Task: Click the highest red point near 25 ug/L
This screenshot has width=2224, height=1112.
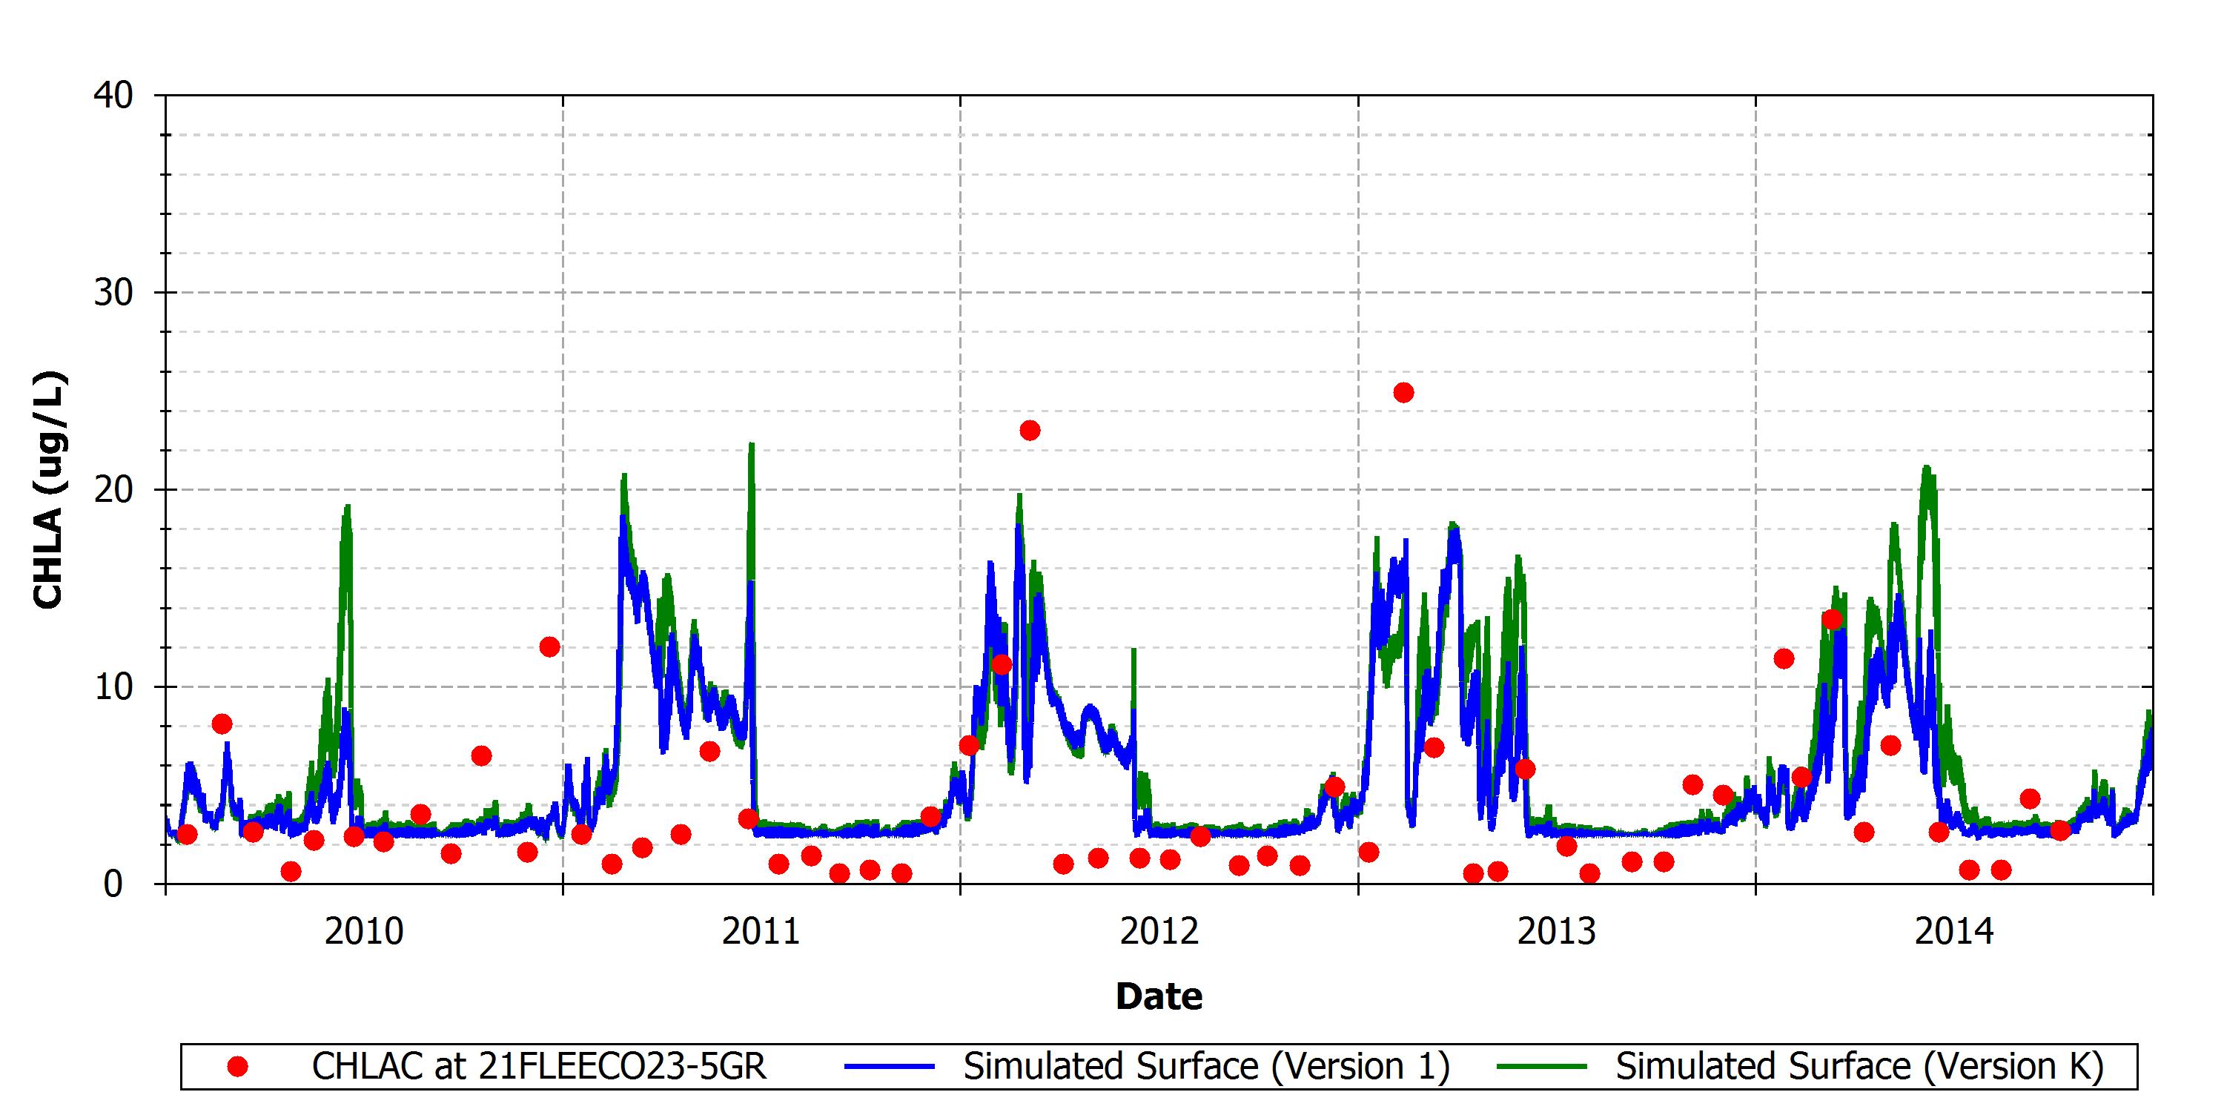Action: click(x=1404, y=393)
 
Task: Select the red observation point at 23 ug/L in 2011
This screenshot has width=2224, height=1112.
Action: click(x=1030, y=430)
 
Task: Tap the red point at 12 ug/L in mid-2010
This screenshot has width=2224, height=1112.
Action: click(x=549, y=646)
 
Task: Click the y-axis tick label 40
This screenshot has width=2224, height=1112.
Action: click(x=113, y=95)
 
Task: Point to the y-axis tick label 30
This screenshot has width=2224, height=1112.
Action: click(x=113, y=293)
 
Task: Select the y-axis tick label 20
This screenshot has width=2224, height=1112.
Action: click(x=113, y=489)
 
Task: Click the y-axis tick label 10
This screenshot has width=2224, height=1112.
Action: click(x=113, y=687)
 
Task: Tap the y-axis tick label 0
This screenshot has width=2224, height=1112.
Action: click(x=113, y=884)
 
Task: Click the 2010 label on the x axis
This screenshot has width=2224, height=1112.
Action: click(x=363, y=932)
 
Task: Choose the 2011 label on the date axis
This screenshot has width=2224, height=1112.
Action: click(x=761, y=932)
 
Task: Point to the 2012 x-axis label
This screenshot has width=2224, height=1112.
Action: click(x=1159, y=932)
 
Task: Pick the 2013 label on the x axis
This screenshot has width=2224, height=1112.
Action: click(x=1557, y=932)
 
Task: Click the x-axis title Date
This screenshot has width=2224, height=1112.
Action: click(x=1159, y=996)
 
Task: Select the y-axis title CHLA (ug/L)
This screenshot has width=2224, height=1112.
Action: click(x=48, y=489)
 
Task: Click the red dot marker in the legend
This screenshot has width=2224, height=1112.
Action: click(x=237, y=1067)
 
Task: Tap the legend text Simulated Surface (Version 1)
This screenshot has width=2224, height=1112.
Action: click(x=1206, y=1066)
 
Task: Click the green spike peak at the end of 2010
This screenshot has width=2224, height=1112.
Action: click(x=751, y=444)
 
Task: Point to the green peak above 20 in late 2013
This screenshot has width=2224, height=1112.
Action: click(x=1926, y=467)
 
